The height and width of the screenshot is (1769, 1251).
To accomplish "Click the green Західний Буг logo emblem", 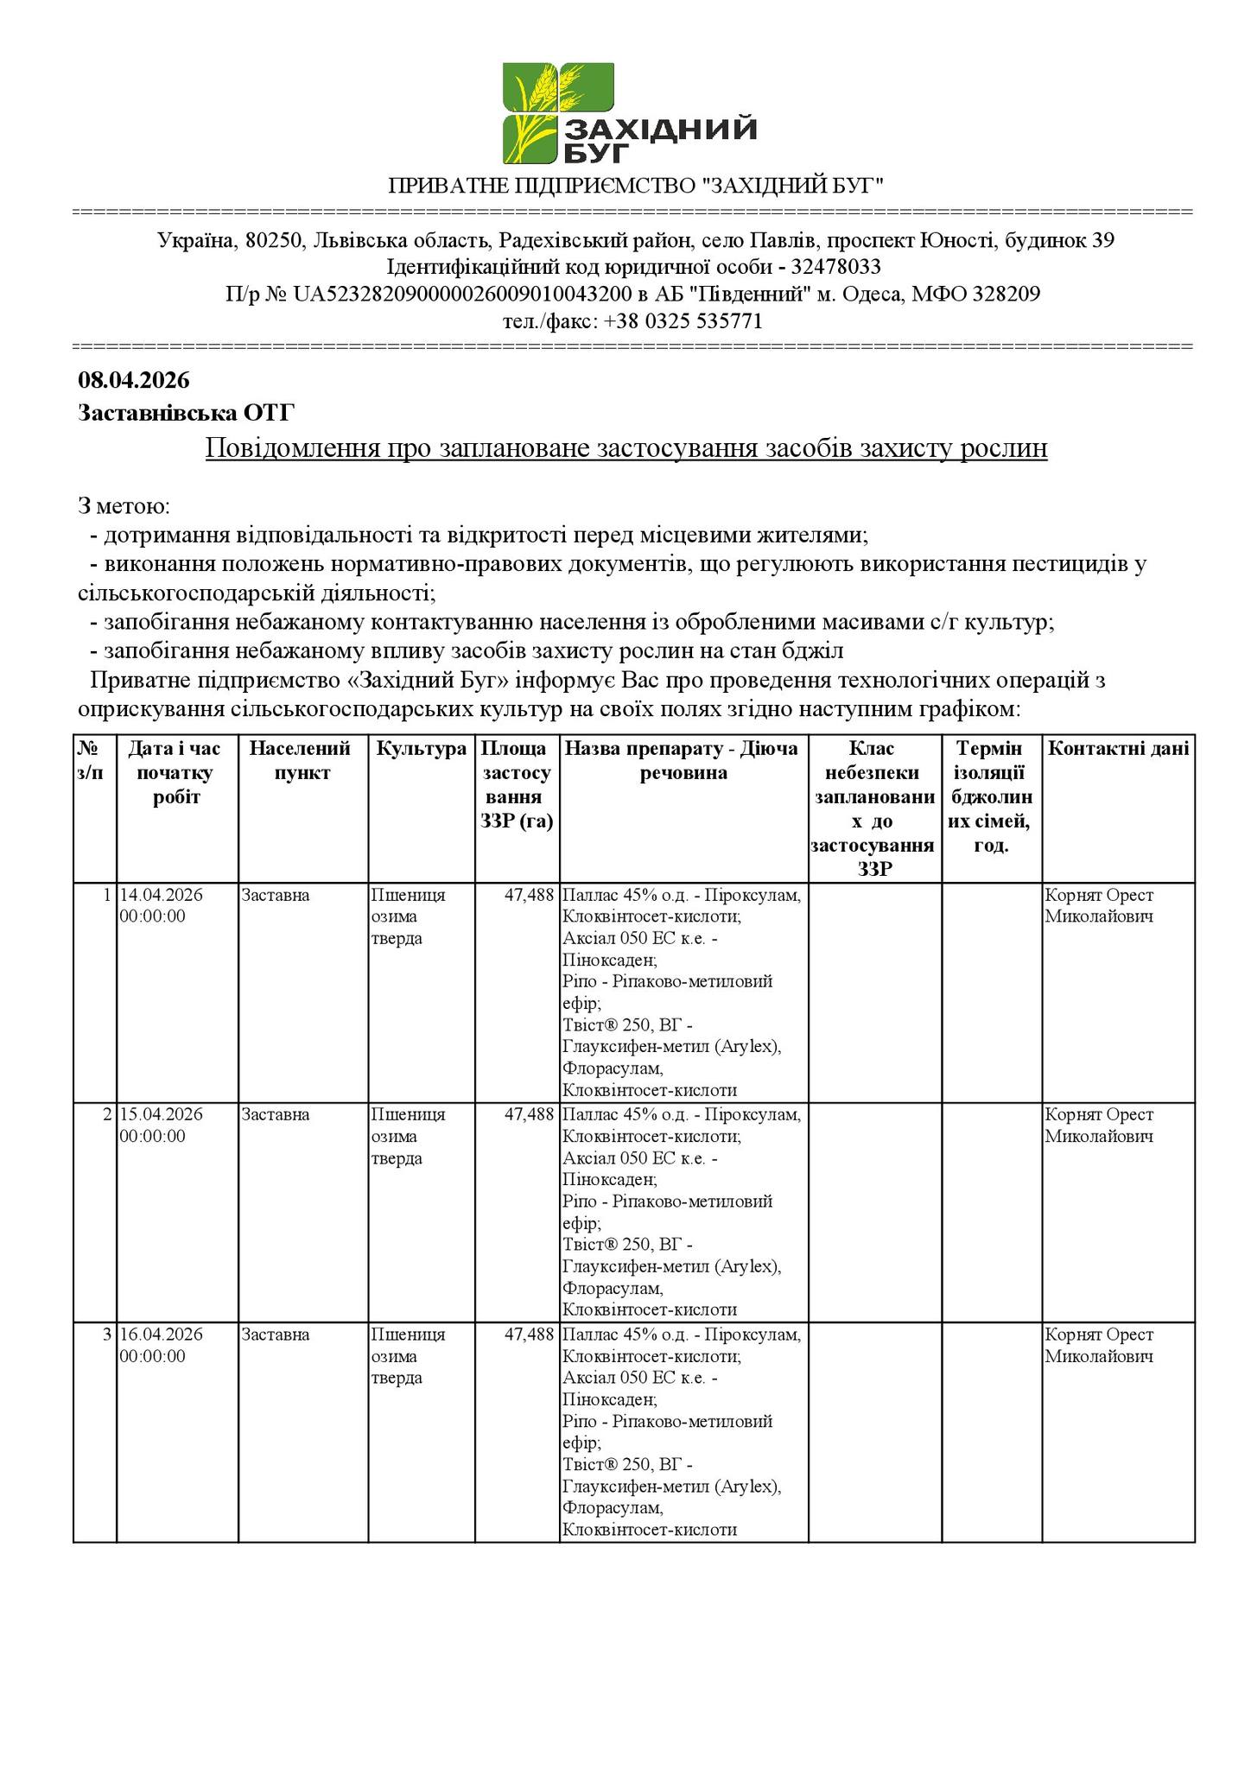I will (558, 112).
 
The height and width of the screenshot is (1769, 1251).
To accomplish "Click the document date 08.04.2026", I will (133, 380).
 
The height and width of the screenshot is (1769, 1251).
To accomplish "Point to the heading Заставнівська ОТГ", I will (186, 413).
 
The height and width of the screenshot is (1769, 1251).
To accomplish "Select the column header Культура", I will (422, 749).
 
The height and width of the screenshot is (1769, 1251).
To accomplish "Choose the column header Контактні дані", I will (1118, 749).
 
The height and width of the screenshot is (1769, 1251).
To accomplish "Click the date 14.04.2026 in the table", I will (162, 895).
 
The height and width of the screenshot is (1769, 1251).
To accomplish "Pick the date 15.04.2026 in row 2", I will (162, 1114).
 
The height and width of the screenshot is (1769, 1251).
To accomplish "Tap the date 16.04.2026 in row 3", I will (162, 1335).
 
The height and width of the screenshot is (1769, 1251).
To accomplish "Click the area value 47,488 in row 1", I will (529, 895).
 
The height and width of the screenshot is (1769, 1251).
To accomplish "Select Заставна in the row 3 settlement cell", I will (276, 1335).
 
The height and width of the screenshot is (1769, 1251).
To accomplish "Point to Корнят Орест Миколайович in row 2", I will (1099, 1125).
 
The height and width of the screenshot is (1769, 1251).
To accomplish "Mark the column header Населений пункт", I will (302, 760).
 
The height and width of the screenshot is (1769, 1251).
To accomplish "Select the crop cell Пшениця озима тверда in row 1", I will (409, 916).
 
